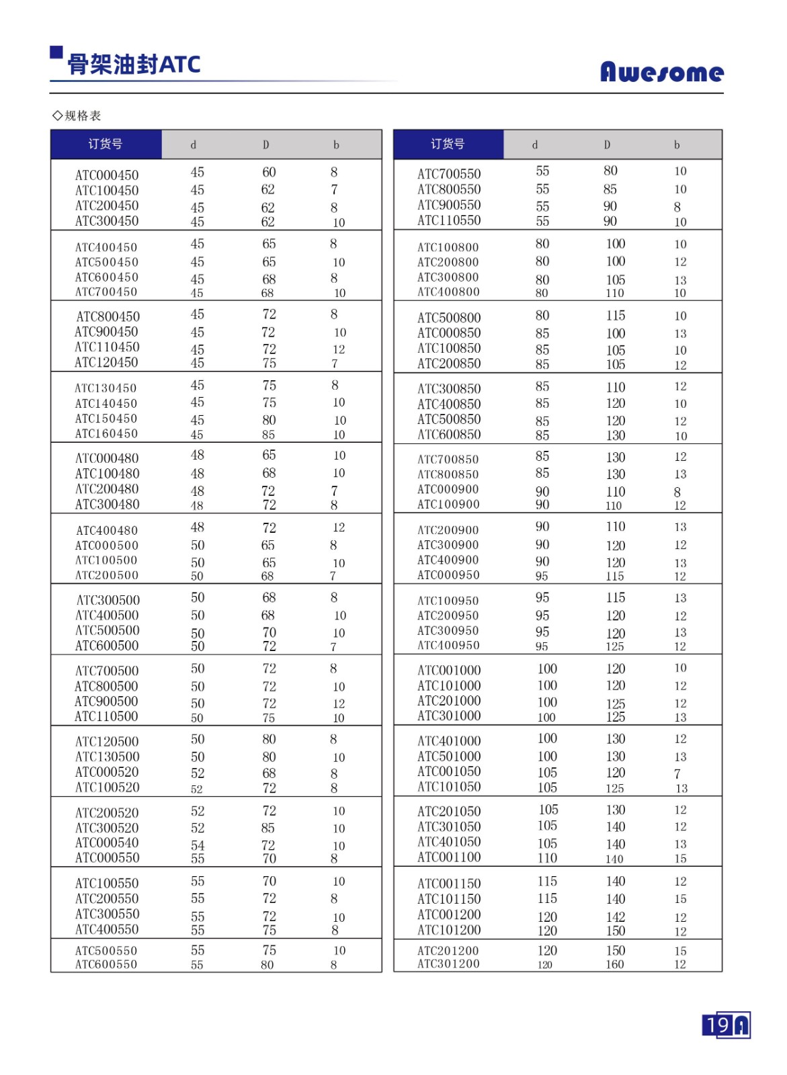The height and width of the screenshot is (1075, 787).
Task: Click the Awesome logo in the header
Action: [661, 71]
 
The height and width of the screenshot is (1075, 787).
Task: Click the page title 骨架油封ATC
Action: [134, 64]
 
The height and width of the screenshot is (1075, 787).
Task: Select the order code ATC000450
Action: [107, 175]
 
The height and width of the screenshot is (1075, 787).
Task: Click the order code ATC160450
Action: [106, 433]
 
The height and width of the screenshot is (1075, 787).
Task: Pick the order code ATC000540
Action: [107, 843]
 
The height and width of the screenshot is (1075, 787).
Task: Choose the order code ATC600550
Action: [106, 964]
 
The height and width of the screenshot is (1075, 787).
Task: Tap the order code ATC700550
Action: [449, 174]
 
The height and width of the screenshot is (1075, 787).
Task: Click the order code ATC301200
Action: [448, 963]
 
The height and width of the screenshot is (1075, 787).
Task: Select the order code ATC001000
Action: [449, 670]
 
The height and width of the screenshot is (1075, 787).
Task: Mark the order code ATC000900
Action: [448, 489]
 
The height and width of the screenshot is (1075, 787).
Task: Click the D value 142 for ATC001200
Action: [615, 917]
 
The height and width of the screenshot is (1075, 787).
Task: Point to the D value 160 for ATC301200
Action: [615, 964]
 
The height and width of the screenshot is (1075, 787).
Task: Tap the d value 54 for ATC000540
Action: [198, 845]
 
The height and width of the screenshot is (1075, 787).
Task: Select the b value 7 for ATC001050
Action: [677, 774]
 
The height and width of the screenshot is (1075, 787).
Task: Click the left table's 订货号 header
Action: [106, 144]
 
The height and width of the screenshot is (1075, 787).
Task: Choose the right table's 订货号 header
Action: [448, 144]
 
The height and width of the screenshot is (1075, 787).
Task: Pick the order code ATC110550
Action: [449, 220]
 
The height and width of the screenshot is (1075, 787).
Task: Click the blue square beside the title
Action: [56, 52]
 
